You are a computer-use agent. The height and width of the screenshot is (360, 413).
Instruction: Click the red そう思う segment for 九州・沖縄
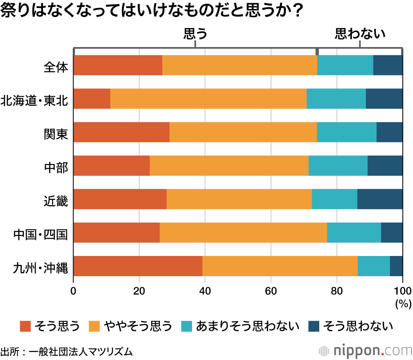pos(138,266)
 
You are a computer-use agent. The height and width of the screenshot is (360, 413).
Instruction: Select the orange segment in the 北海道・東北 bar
pos(209,99)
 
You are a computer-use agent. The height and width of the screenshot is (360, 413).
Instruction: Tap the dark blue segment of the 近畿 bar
pos(380,199)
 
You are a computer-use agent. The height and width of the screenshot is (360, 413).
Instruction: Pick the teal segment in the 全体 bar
pos(345,65)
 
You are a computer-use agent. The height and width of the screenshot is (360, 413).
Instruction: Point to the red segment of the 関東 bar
pos(121,132)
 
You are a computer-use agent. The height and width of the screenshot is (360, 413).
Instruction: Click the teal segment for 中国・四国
pos(354,232)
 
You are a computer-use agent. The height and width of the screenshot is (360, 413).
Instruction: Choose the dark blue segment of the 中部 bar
pos(385,166)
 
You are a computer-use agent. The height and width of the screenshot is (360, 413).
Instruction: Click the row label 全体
pos(56,66)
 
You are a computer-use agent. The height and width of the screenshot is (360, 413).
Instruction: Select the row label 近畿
pos(56,200)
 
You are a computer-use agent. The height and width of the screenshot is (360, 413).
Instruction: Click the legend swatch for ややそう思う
pos(94,326)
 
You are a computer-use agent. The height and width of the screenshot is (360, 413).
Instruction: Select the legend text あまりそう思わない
pos(248,326)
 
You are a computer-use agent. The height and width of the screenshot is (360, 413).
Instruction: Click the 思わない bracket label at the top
pos(360,33)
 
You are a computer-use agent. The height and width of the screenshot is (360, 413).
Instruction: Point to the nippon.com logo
pos(365,351)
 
